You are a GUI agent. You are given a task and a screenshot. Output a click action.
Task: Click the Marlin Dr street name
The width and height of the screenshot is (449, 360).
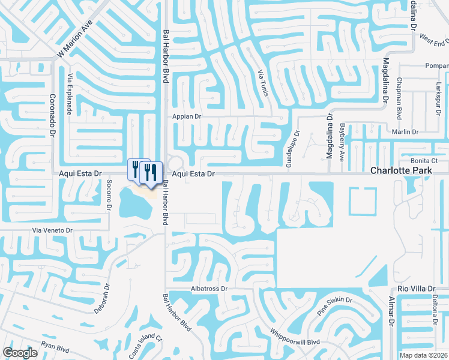click(413, 132)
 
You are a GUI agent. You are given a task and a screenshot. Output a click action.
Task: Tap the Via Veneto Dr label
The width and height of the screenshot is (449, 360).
click(52, 230)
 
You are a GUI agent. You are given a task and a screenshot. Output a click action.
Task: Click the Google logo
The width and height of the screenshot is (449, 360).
click(20, 353)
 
